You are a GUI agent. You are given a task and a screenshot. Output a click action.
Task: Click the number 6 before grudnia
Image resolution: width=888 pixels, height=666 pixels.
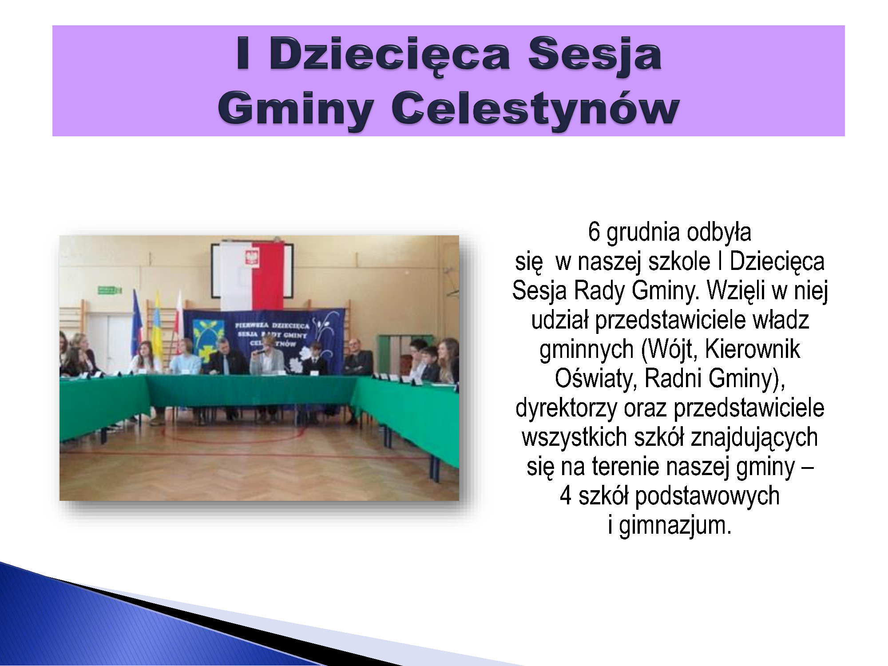tap(594, 232)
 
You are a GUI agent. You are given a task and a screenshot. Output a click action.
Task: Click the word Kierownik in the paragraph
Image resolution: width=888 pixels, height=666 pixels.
tap(753, 349)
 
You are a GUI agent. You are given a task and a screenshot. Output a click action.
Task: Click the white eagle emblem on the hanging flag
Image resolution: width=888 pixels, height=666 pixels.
tap(252, 256)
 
